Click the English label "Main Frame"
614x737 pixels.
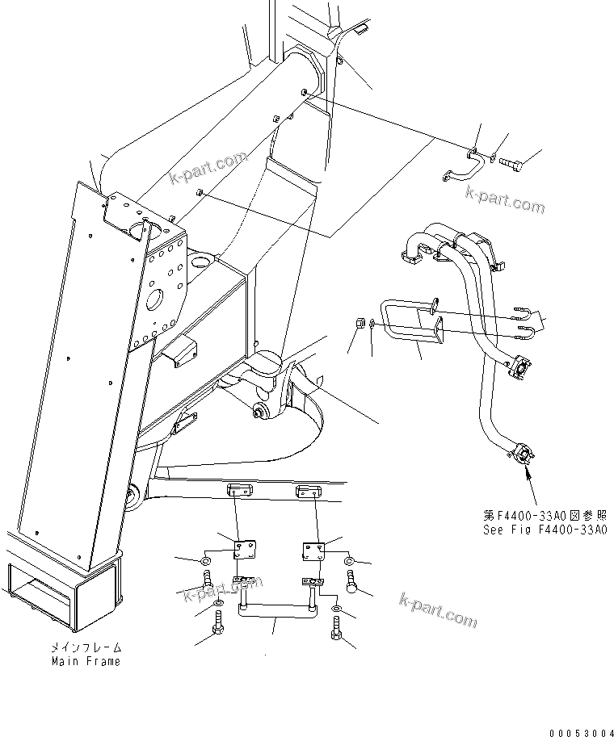86,661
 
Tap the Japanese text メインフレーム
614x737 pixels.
86,647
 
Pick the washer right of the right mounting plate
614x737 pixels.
349,561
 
